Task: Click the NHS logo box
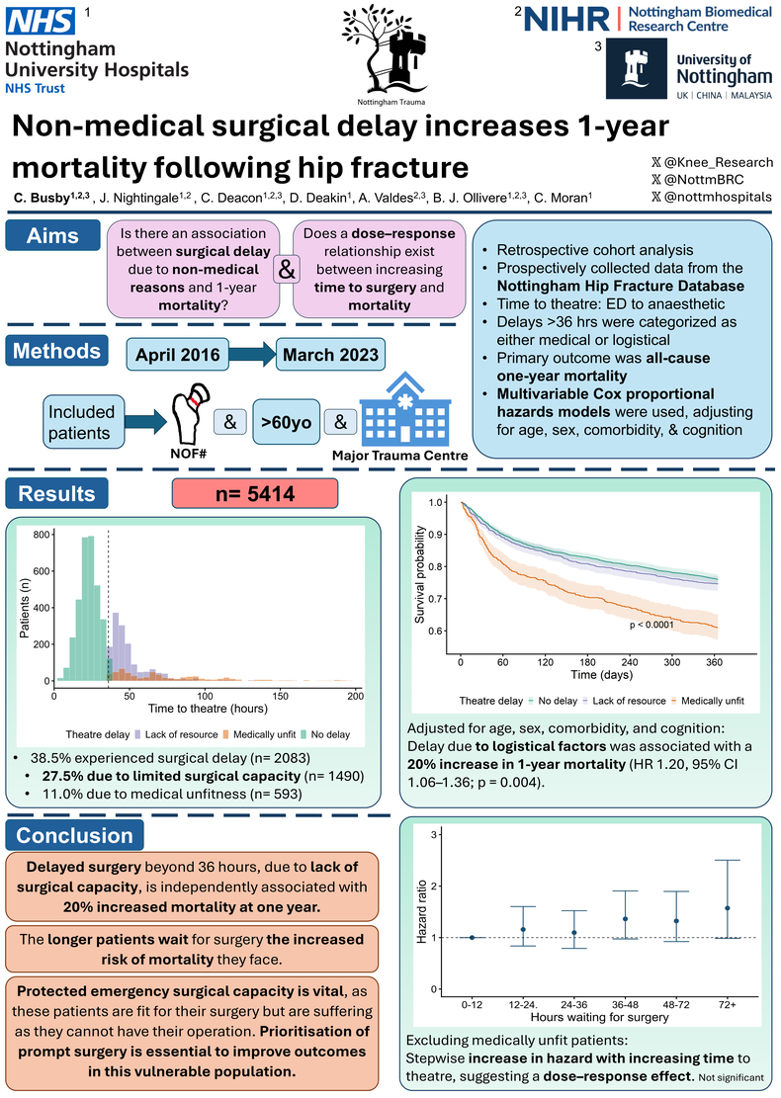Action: tap(41, 21)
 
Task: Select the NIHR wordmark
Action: tap(566, 20)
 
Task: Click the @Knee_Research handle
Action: tap(713, 162)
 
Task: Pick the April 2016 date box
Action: tap(178, 355)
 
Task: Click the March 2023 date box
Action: tap(330, 355)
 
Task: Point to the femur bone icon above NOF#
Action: tap(190, 412)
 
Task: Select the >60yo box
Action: tap(287, 422)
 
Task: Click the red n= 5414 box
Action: tap(255, 494)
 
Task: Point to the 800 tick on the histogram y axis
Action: tap(42, 535)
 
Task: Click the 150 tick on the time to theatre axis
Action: tap(280, 696)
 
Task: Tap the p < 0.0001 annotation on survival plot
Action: tap(651, 625)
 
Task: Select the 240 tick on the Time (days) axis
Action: tap(630, 662)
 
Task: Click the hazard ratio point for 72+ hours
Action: tap(727, 908)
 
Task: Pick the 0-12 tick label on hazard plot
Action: tap(473, 1004)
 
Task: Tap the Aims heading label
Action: tap(52, 236)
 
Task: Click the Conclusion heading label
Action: tap(74, 835)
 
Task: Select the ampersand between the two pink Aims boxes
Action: tap(287, 269)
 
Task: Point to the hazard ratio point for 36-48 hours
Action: tap(625, 919)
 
